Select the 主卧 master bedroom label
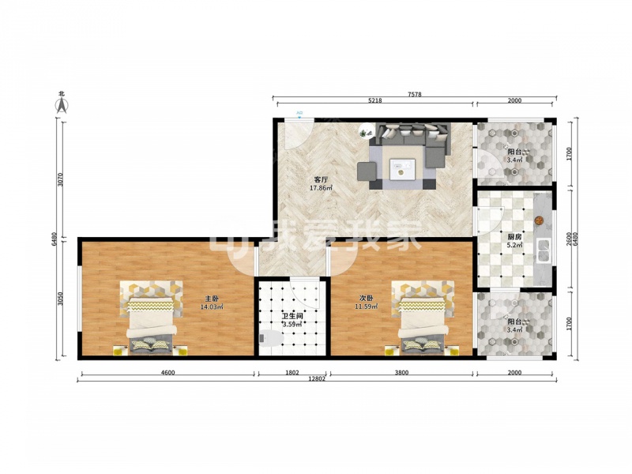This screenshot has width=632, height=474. [212, 299]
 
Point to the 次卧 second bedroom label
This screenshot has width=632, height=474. [367, 299]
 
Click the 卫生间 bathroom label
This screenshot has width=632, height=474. [292, 317]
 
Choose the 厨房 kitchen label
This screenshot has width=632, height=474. [515, 237]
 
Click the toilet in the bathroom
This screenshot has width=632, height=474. [271, 338]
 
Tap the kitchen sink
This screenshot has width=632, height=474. [544, 250]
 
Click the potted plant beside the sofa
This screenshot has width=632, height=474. [366, 130]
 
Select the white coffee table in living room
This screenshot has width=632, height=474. [402, 168]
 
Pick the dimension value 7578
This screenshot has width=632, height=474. [414, 94]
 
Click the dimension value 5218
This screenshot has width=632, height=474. [374, 101]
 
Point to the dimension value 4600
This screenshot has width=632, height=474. [167, 373]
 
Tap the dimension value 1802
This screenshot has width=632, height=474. [292, 373]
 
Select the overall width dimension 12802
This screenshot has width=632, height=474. [317, 379]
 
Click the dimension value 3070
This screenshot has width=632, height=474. [60, 179]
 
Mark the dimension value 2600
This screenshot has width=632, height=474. [568, 239]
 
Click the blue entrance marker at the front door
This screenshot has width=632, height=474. [299, 115]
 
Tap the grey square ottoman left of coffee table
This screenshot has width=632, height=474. [367, 171]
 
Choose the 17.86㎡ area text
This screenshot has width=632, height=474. [321, 188]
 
